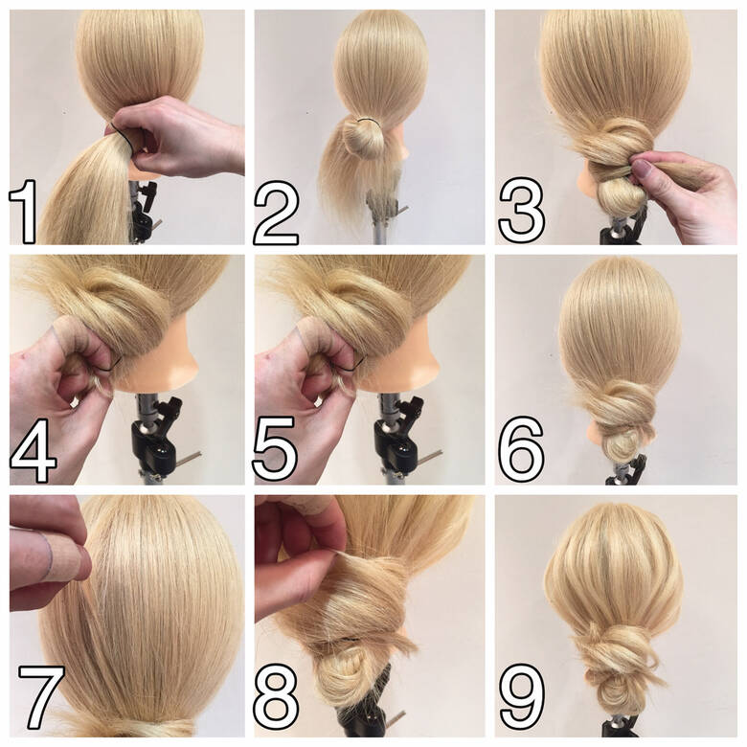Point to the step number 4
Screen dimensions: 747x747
coord(33,451)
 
